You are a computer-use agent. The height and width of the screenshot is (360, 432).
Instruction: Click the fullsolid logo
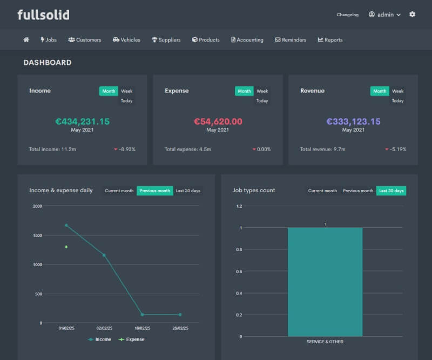click(x=43, y=15)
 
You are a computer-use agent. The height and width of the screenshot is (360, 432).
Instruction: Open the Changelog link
click(x=347, y=15)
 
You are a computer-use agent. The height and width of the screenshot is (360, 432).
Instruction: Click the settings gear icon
click(x=412, y=15)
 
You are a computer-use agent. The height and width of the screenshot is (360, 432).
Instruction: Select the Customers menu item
click(x=85, y=40)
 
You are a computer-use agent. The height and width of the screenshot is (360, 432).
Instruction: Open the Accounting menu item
click(x=247, y=40)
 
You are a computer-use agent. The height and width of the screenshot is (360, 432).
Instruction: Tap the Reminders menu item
click(x=291, y=40)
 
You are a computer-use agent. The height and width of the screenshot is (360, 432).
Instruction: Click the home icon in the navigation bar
click(x=26, y=40)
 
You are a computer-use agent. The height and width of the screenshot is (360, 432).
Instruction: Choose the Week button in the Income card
click(x=127, y=91)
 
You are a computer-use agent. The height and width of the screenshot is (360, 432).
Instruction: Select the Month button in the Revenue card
click(x=380, y=91)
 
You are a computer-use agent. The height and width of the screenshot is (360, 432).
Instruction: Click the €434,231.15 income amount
click(x=82, y=121)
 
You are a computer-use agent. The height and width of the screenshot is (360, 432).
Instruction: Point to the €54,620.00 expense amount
click(x=218, y=121)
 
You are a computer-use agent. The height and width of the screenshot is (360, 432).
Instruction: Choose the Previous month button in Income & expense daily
click(x=154, y=191)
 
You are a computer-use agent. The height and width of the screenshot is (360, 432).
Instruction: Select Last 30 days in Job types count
click(x=391, y=191)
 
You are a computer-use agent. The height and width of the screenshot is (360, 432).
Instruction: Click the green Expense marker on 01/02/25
click(x=66, y=247)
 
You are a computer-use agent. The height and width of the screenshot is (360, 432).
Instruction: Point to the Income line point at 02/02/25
click(x=104, y=255)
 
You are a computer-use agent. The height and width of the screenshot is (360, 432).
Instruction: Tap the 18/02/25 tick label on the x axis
click(x=142, y=328)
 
